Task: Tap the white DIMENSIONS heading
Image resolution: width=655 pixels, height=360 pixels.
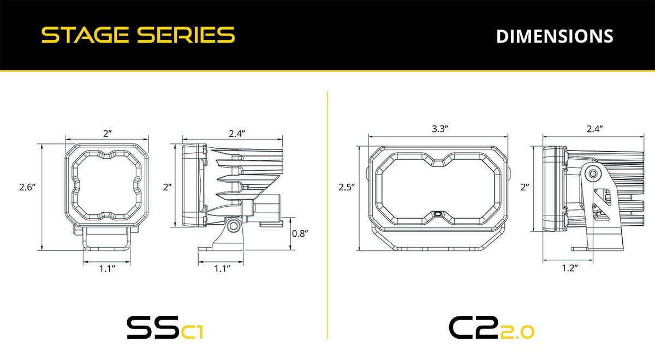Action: click(555, 36)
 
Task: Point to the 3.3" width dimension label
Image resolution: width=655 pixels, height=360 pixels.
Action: click(439, 129)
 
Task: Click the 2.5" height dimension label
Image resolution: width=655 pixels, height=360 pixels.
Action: click(346, 187)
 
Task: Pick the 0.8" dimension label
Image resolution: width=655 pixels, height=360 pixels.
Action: click(300, 233)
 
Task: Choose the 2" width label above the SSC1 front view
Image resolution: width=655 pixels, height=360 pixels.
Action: click(108, 133)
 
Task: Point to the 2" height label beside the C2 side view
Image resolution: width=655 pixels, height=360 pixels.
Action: click(525, 187)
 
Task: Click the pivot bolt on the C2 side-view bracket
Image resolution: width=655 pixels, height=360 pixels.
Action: click(592, 173)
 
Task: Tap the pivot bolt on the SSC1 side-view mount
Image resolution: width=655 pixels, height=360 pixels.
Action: click(234, 225)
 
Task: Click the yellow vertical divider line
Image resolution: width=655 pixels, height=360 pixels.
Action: click(327, 218)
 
